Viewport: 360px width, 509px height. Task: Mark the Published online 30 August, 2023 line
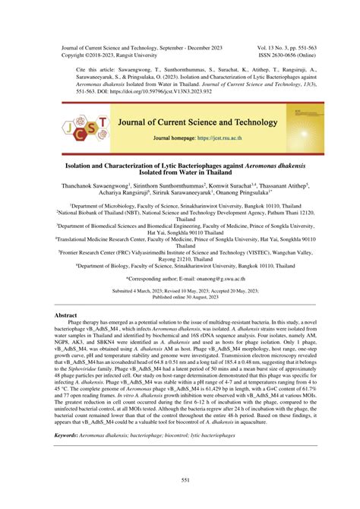[x=179, y=277]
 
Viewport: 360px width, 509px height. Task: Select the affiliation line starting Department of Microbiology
[x=179, y=206]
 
